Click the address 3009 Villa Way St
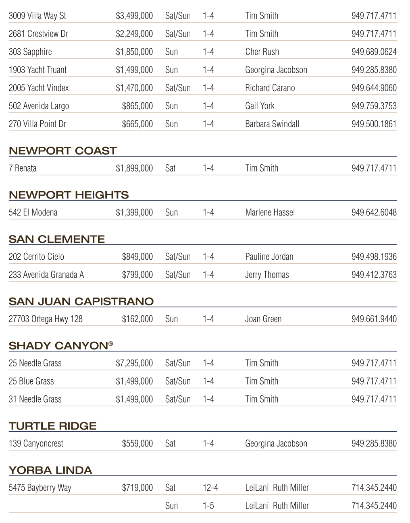(37, 16)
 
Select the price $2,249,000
(134, 34)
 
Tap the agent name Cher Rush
(262, 52)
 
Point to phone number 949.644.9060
(374, 88)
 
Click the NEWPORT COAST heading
(62, 151)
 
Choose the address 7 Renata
(23, 168)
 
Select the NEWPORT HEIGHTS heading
(69, 195)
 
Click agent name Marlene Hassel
(270, 213)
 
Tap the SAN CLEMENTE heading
(56, 240)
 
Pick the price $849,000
(137, 257)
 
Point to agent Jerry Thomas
(267, 275)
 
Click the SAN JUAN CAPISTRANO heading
(81, 302)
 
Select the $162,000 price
(137, 319)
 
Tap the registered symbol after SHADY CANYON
(110, 344)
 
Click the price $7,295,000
(134, 364)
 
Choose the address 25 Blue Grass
(31, 381)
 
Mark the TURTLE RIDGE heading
(52, 426)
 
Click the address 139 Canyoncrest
(36, 444)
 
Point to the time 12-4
(210, 488)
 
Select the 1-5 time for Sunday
(208, 506)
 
